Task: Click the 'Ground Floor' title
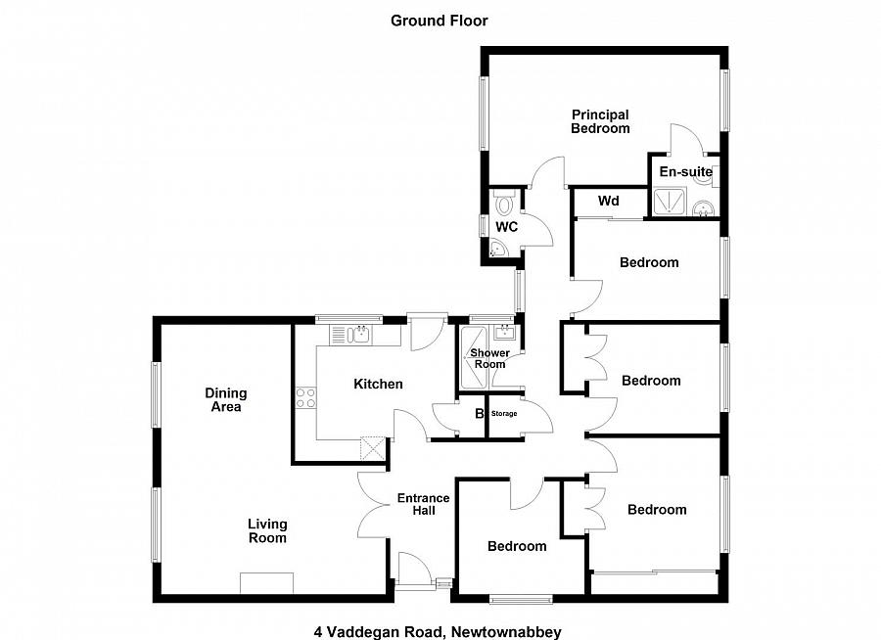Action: pyautogui.click(x=440, y=20)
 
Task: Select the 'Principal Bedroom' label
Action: pyautogui.click(x=600, y=121)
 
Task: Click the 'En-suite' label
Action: pyautogui.click(x=685, y=172)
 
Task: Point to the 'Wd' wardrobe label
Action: pyautogui.click(x=609, y=202)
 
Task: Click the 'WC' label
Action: pyautogui.click(x=506, y=227)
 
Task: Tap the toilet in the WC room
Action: pyautogui.click(x=505, y=204)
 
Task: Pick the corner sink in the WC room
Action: pyautogui.click(x=497, y=251)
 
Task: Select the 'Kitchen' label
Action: pyautogui.click(x=378, y=384)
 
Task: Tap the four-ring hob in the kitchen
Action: pyautogui.click(x=305, y=398)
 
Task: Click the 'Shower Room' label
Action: pyautogui.click(x=489, y=358)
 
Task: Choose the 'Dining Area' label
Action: pyautogui.click(x=226, y=399)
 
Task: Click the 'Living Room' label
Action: pyautogui.click(x=267, y=530)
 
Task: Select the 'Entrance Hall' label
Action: pyautogui.click(x=423, y=505)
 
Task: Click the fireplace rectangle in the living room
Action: pyautogui.click(x=266, y=582)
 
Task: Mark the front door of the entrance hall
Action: pyautogui.click(x=411, y=570)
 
